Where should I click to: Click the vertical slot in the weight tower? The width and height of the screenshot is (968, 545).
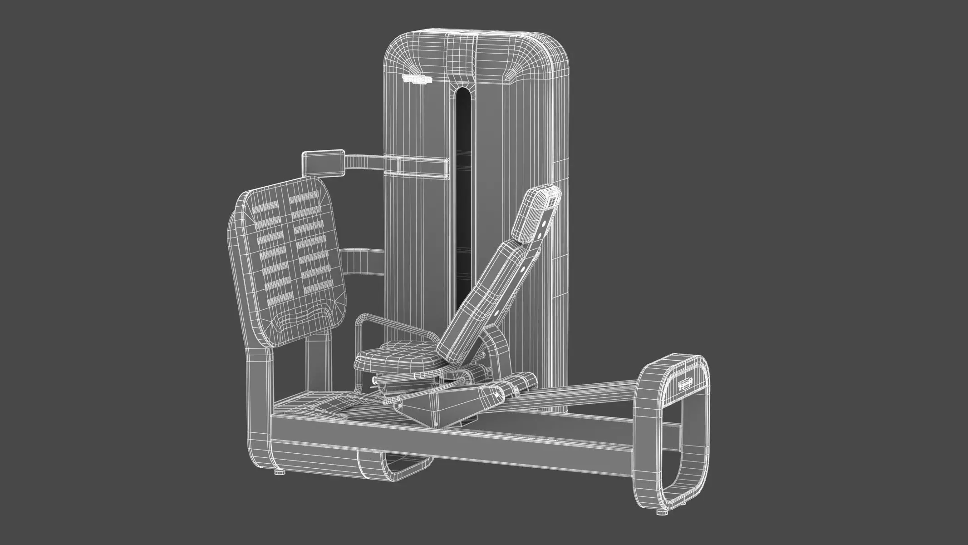pyautogui.click(x=462, y=182)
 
